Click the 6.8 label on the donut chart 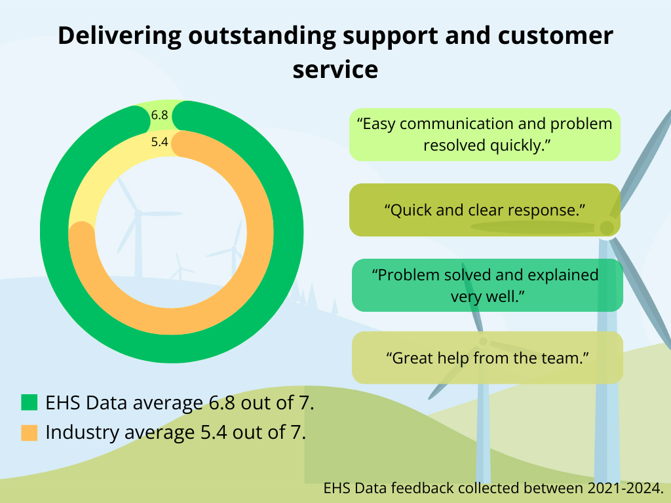coord(160,115)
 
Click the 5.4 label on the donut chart coord(160,141)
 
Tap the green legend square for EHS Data coord(29,403)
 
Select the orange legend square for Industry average coord(29,432)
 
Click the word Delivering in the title coord(119,37)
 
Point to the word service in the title coord(335,69)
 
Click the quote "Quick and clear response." coord(484,210)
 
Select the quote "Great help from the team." coord(487,358)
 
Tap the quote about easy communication coord(484,134)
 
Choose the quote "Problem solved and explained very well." coord(485,286)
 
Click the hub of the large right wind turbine coord(606,227)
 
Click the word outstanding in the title coord(262,37)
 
